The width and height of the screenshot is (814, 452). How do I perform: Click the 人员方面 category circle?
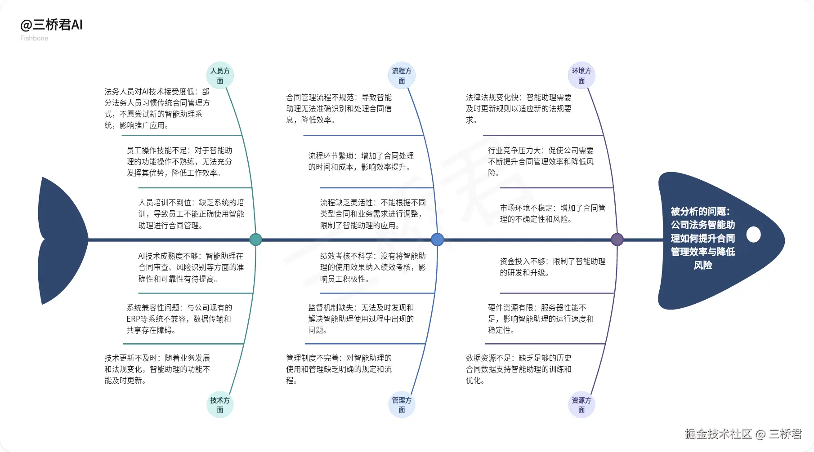(220, 75)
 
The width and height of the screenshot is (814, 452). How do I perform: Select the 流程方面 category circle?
(402, 75)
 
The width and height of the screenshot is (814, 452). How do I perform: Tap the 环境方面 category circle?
(581, 75)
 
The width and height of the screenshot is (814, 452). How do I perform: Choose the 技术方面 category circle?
(220, 404)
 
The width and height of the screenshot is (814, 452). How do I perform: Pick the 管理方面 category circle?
(402, 404)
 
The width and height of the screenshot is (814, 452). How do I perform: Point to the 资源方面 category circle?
(581, 404)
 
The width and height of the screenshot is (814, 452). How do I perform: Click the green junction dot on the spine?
(255, 239)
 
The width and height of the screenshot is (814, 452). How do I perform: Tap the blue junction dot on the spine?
(437, 239)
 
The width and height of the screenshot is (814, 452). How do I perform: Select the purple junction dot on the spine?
(617, 239)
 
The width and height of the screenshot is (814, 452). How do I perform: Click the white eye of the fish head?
(753, 235)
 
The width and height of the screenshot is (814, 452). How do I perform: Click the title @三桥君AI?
(51, 25)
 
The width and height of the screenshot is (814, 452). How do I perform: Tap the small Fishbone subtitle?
(34, 38)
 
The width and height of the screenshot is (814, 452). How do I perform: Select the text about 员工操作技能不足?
(179, 161)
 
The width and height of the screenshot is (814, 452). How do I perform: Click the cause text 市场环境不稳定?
(552, 213)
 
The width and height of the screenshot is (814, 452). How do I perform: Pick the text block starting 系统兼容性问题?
(179, 319)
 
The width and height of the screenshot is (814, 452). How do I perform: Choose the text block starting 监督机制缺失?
(361, 319)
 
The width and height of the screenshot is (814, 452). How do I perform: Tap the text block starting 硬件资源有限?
(541, 319)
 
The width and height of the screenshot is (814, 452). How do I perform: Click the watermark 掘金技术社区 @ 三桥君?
(743, 434)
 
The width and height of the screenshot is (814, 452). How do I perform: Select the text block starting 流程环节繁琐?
(361, 161)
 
